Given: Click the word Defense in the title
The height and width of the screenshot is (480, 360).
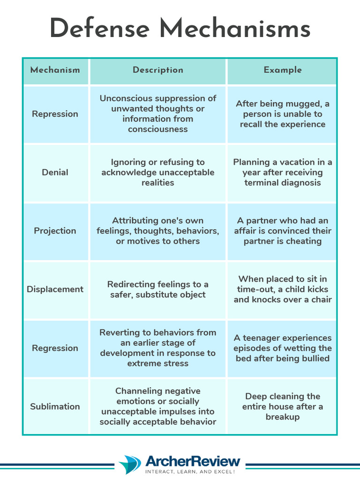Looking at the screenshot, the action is coord(101,29).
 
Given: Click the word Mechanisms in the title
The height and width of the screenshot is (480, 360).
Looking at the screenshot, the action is coord(235,29).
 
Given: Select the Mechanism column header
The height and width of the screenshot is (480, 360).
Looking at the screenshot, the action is coord(55,70).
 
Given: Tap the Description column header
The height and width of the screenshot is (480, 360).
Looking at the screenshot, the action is coord(158,70).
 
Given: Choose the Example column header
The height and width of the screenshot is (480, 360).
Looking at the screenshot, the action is coord(282,70).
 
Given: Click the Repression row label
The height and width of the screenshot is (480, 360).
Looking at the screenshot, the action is coord(55,114).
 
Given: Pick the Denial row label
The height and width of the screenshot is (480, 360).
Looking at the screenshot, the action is coord(55,172).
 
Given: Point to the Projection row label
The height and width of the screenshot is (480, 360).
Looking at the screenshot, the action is coord(55,231).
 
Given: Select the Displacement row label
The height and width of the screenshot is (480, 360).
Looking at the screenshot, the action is coord(55,289).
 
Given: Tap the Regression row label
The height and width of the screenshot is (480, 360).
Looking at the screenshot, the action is coord(55,348).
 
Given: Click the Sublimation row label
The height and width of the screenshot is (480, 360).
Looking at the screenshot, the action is coord(55,406).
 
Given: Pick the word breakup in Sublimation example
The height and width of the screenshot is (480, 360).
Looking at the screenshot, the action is coord(282,417).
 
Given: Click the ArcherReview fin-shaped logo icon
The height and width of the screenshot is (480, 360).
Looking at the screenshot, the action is coord(130,465).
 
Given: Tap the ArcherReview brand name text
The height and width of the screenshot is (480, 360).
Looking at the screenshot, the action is coord(193,461).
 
